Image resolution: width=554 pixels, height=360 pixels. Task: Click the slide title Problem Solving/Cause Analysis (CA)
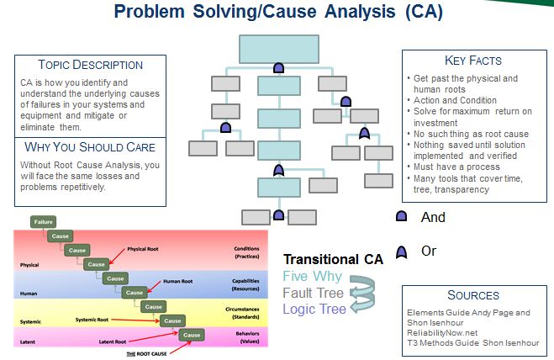coord(277,13)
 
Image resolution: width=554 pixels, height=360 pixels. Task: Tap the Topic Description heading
coord(90,65)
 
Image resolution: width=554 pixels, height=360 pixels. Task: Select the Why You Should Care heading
coord(90,147)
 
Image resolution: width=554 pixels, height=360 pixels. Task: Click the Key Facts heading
coord(472,61)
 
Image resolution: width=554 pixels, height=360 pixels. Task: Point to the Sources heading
coord(473,295)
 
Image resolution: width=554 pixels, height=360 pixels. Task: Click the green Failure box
coord(43,222)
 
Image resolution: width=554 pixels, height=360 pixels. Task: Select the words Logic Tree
coord(314,309)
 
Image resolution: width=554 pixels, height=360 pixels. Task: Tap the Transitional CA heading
coord(333,260)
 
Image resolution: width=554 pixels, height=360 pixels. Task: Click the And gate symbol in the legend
coord(401,217)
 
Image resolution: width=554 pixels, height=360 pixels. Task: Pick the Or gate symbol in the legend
coord(401,251)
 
